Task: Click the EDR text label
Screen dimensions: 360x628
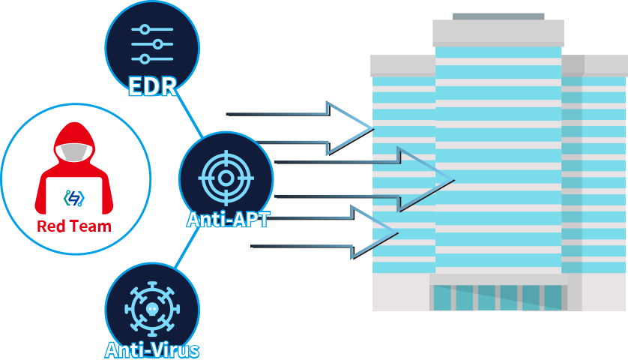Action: [152, 86]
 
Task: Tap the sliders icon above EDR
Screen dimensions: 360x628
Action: [152, 44]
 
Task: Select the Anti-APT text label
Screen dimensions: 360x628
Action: [228, 220]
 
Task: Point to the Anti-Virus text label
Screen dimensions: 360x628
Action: [152, 349]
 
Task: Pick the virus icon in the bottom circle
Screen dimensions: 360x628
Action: [152, 308]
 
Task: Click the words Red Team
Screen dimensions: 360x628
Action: [73, 226]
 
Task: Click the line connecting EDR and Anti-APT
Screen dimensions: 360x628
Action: [190, 118]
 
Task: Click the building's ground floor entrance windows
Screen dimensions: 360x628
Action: [498, 297]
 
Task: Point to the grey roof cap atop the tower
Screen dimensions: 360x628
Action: [498, 33]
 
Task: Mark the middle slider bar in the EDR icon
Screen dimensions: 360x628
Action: [152, 44]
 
